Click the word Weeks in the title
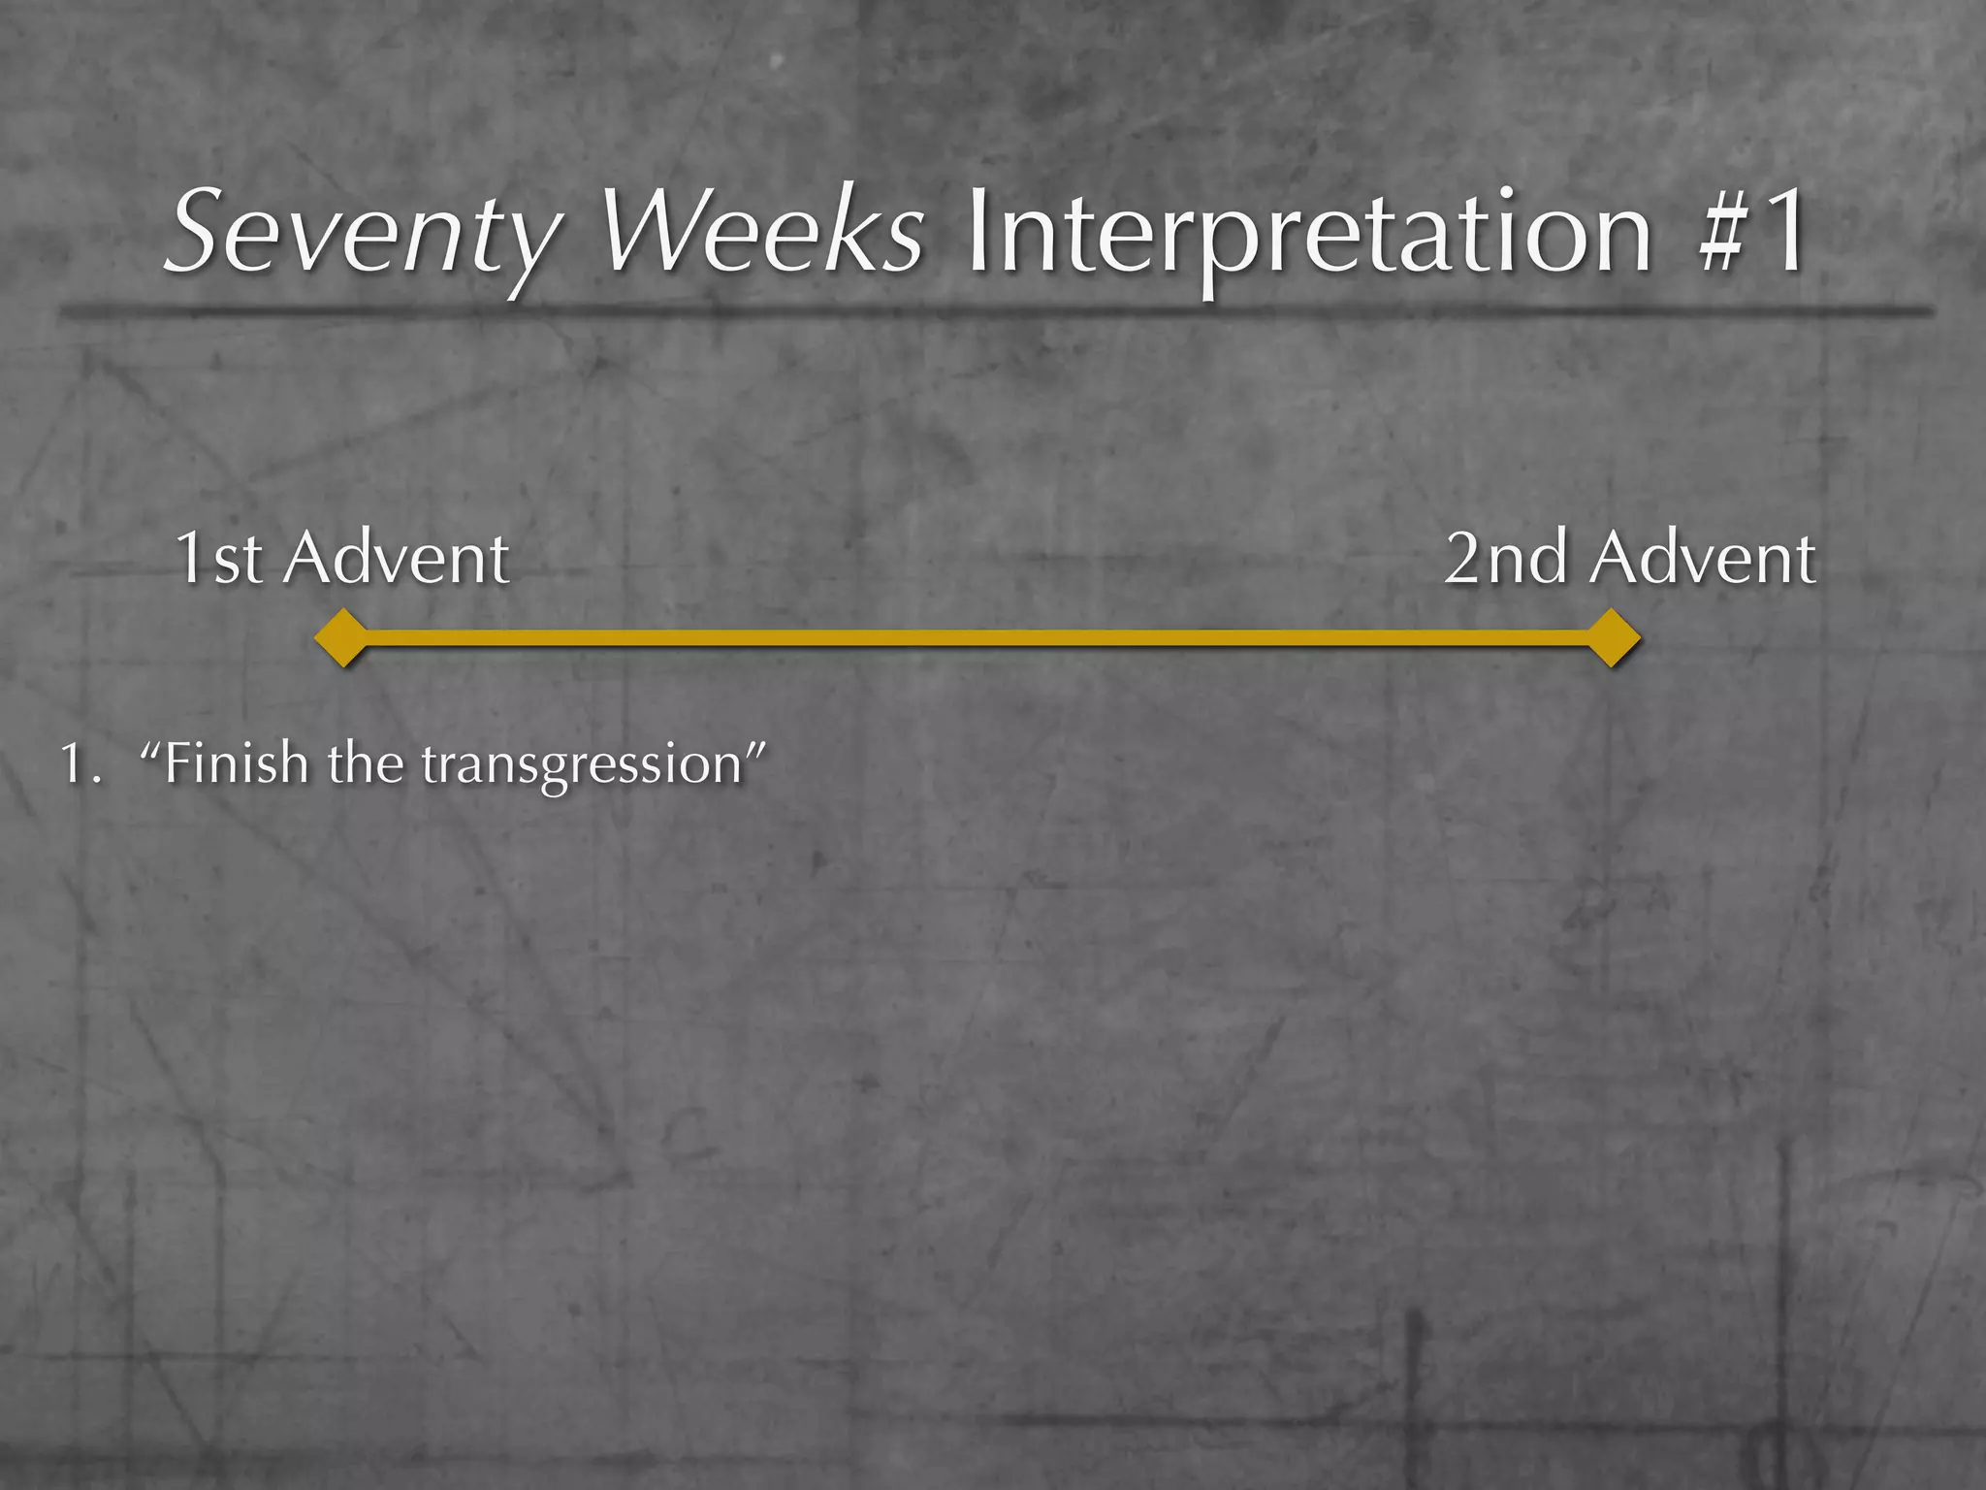click(762, 233)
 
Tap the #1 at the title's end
click(1751, 233)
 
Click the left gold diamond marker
click(341, 637)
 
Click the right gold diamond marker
click(1612, 637)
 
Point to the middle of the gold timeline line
click(977, 637)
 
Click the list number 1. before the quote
click(80, 764)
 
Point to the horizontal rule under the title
click(993, 310)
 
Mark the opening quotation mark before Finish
click(150, 749)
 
